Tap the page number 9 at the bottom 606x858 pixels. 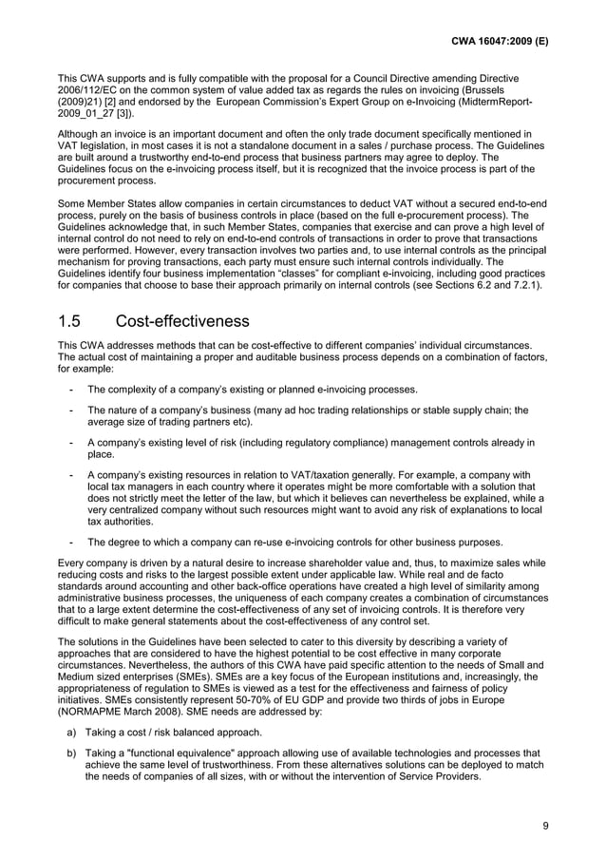click(x=545, y=825)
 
